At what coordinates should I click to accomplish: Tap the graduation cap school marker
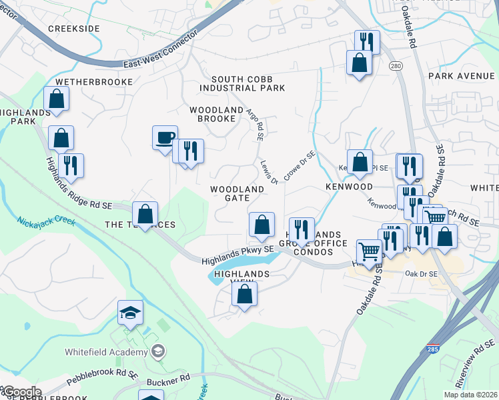130,313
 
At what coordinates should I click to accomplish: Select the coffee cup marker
165,139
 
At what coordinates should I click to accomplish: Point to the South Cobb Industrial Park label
242,83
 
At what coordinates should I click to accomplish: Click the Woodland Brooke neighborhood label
213,114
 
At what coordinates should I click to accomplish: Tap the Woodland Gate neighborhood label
237,193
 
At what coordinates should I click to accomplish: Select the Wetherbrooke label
90,81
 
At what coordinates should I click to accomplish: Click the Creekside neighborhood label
74,29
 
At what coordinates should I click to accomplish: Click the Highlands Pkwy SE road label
238,255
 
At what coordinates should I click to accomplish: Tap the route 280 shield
396,65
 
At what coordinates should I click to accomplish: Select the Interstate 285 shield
433,349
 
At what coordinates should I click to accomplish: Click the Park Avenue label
462,76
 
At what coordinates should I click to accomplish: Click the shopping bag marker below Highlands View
245,294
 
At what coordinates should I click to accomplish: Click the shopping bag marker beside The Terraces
145,215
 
